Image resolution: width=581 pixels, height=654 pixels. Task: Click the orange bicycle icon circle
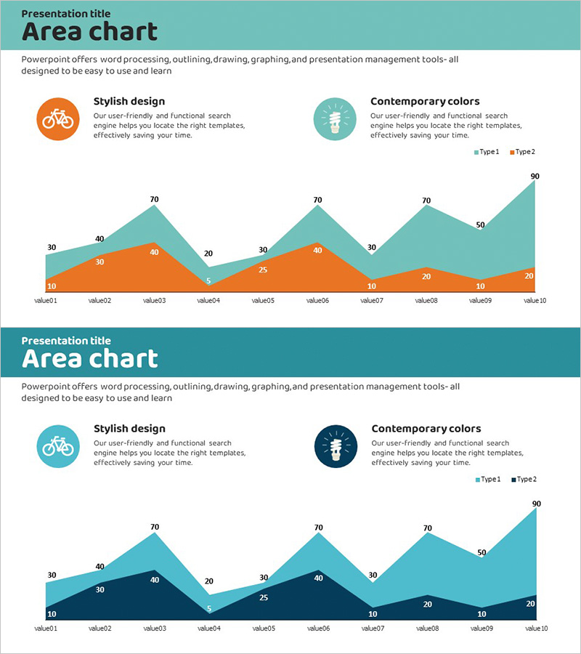click(57, 118)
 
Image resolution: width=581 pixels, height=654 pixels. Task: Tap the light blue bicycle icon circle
click(57, 445)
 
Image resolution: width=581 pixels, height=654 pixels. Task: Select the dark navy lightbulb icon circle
click(335, 445)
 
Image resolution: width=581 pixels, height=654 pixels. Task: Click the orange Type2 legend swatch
click(512, 152)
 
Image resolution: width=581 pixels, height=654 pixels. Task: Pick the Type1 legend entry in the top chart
click(487, 152)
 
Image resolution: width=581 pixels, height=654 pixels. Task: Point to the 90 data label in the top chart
click(535, 176)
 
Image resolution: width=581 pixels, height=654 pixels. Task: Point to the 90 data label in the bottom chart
click(536, 504)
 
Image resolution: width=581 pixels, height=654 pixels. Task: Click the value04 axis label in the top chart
click(208, 300)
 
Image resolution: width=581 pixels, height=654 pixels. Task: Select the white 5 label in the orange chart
click(208, 281)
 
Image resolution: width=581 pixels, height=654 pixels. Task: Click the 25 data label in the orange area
click(262, 270)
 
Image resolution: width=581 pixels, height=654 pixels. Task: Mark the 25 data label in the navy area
click(262, 598)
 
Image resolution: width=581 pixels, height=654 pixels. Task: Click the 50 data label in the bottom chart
click(480, 553)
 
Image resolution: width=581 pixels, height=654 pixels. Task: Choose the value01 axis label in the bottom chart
click(46, 628)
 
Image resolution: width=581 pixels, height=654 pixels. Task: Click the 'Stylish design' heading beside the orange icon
click(129, 102)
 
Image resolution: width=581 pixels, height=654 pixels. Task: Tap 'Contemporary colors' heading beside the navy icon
click(426, 429)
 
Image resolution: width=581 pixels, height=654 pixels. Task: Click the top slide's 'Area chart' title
click(89, 32)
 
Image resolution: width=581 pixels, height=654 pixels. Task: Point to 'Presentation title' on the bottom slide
click(66, 340)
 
